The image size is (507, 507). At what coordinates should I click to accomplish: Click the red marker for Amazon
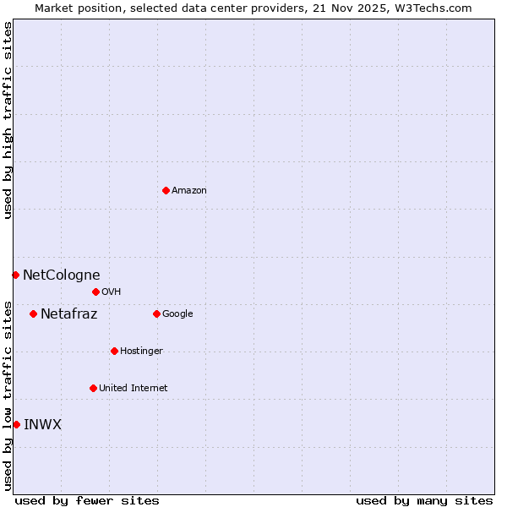point(166,190)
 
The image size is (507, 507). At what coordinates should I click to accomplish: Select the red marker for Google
point(156,313)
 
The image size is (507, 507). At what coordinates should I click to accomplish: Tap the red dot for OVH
point(95,292)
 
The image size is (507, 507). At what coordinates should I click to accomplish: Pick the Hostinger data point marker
point(114,351)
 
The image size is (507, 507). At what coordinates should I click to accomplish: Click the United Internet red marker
point(93,388)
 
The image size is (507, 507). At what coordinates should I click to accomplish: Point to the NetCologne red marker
point(15,275)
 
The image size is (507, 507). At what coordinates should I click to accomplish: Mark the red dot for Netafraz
point(33,313)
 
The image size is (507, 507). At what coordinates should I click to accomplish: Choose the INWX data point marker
point(16,424)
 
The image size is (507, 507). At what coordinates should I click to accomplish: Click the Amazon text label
point(189,191)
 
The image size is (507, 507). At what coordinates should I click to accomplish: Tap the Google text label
point(177,314)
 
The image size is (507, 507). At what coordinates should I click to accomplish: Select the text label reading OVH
point(112,292)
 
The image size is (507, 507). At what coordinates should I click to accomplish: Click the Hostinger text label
point(141,352)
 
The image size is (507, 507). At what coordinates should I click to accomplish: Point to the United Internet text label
point(134,389)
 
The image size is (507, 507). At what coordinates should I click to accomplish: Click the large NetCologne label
point(61,275)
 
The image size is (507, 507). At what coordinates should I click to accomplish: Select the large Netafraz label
point(68,314)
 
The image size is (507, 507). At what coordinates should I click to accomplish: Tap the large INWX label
point(42,425)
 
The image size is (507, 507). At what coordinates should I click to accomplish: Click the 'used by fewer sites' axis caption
point(87,500)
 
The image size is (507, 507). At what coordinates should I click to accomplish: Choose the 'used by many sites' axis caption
point(424,500)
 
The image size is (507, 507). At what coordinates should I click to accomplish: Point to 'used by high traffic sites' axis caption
point(8,120)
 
